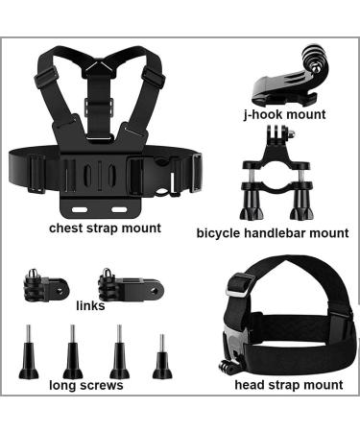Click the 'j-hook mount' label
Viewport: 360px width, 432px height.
[x=284, y=114]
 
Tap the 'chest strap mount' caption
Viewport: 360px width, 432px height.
[x=105, y=228]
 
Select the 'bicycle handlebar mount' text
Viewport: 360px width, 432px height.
[x=273, y=232]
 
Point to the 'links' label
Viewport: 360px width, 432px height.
[x=90, y=307]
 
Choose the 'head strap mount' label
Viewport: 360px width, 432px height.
[x=288, y=385]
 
